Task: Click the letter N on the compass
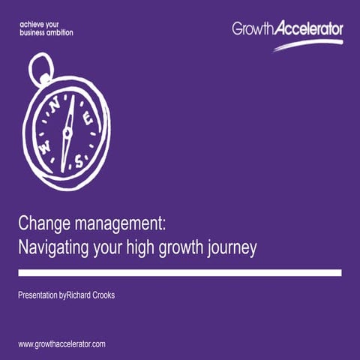[x=53, y=106]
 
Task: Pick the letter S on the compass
[x=79, y=158]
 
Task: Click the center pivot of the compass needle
[x=66, y=133]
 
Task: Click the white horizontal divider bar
[x=180, y=273]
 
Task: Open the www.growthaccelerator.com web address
[x=61, y=343]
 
